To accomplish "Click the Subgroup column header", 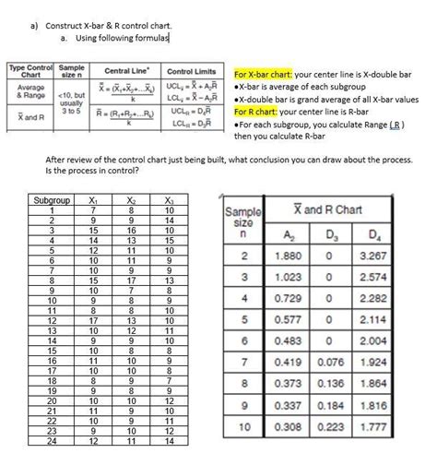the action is pyautogui.click(x=45, y=200).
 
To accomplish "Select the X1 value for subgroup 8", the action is pyautogui.click(x=93, y=280).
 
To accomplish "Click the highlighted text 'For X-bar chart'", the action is pyautogui.click(x=267, y=74).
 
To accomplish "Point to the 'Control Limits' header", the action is pyautogui.click(x=191, y=71).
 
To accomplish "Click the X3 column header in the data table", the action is pyautogui.click(x=169, y=200).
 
